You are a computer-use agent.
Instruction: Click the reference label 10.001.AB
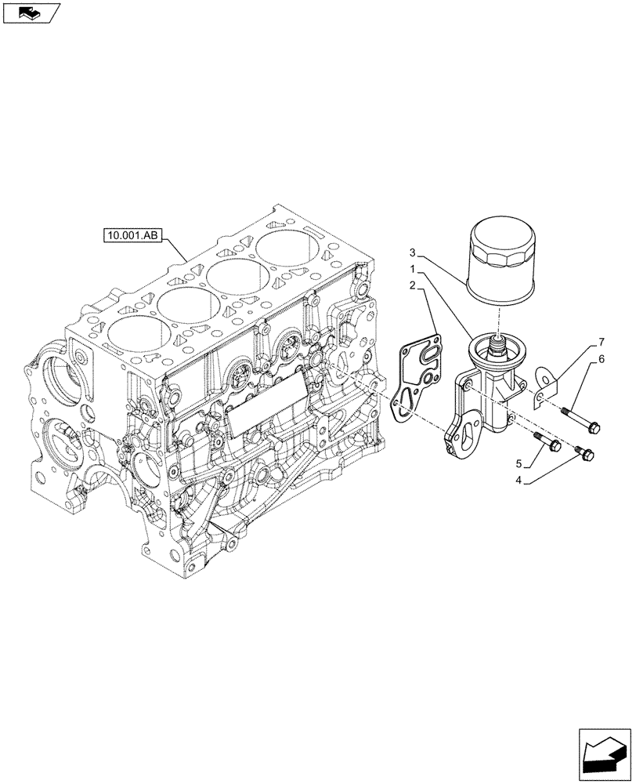click(132, 234)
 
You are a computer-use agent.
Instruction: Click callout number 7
click(602, 342)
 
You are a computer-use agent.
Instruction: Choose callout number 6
click(602, 359)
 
